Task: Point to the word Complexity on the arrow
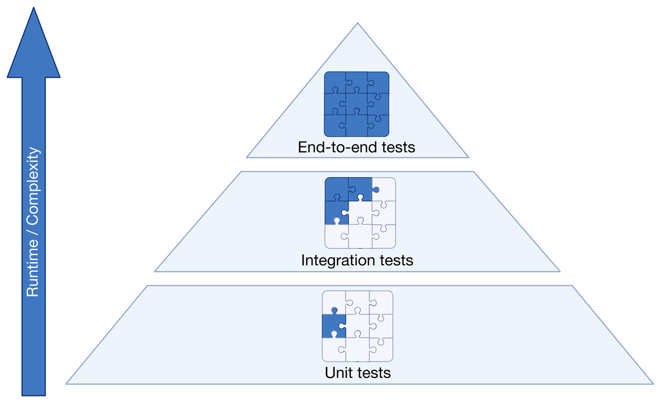tap(33, 186)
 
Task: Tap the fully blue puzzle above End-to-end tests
tap(356, 104)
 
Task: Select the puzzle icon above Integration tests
tap(360, 213)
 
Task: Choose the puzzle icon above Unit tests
tap(357, 326)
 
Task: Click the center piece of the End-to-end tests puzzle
tap(356, 104)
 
